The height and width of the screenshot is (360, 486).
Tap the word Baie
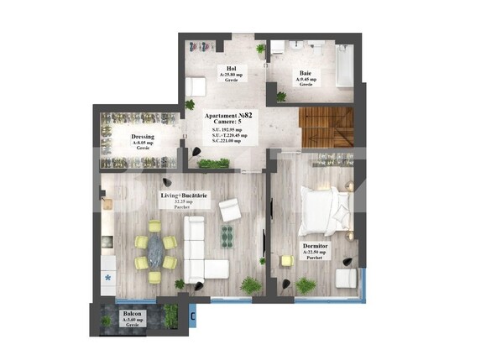(x=306, y=73)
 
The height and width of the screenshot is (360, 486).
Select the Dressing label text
(x=142, y=137)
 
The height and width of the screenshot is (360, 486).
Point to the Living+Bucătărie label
(x=185, y=196)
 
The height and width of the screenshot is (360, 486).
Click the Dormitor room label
(x=316, y=246)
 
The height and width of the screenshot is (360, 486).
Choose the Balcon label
(x=133, y=313)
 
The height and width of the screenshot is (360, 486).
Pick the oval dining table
(x=155, y=250)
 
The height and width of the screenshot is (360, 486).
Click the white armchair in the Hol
(x=196, y=86)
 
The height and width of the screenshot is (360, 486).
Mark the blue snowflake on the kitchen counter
(x=108, y=274)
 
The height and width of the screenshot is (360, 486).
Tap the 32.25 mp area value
(x=183, y=202)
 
